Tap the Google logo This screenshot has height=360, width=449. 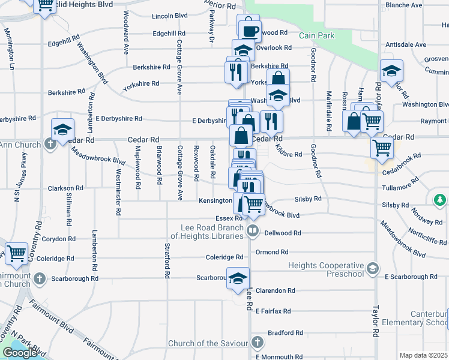click(20, 352)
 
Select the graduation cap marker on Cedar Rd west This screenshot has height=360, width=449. click(62, 129)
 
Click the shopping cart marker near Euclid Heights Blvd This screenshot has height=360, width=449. click(45, 5)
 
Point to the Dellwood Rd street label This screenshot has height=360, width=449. click(282, 233)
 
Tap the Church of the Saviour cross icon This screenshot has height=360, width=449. click(258, 343)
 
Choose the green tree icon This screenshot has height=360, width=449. click(440, 199)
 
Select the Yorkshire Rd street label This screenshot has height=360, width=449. click(140, 84)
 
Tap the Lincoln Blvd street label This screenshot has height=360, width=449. click(170, 16)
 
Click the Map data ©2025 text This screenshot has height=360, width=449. click(424, 355)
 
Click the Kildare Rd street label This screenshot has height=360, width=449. click(289, 155)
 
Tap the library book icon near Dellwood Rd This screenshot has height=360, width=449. click(253, 230)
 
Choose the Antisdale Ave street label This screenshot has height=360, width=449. click(405, 44)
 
